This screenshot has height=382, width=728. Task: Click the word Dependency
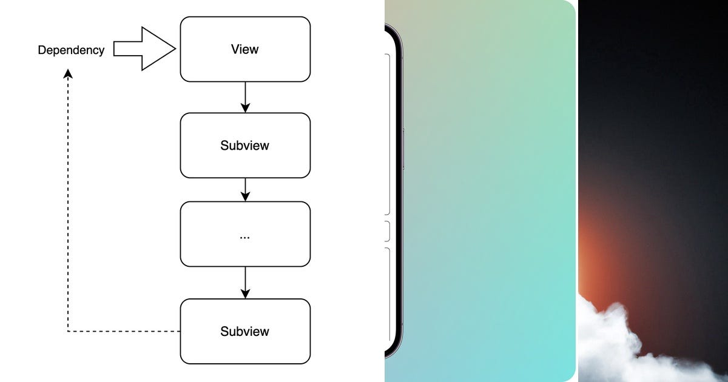(71, 50)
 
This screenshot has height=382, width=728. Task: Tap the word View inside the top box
(245, 49)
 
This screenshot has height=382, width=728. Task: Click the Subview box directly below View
(245, 146)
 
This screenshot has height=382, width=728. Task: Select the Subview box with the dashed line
(245, 331)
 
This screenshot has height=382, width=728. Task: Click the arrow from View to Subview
(245, 97)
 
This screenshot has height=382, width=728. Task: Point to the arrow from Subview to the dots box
(245, 189)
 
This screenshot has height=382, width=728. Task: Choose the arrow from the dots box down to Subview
(245, 283)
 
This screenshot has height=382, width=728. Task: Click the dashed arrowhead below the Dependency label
(69, 73)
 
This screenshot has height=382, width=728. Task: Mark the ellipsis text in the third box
(245, 236)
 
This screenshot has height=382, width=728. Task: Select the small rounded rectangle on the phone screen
(387, 231)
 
